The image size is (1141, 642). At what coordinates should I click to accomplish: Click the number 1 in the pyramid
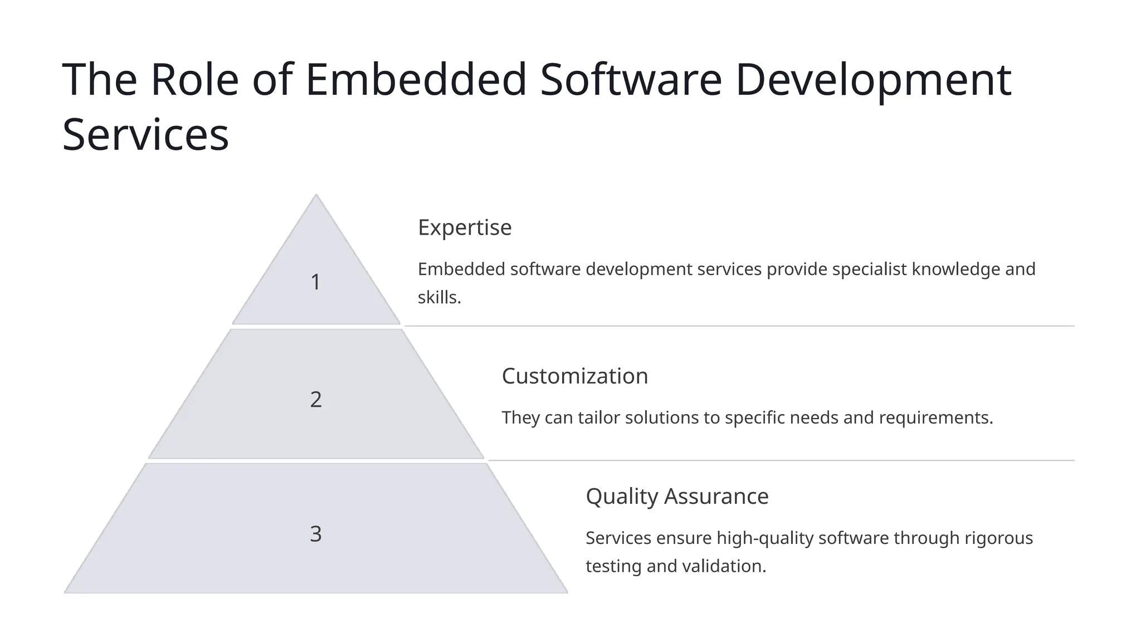(x=315, y=282)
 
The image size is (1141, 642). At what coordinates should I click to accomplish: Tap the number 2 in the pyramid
(x=315, y=400)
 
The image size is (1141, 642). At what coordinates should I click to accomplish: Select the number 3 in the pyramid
(x=315, y=534)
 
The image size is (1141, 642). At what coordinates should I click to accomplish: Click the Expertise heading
(x=465, y=227)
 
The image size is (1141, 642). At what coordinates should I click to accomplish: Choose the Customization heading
(x=575, y=376)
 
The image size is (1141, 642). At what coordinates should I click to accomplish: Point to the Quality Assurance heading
(x=677, y=496)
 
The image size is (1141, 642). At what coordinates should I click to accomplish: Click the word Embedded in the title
(x=416, y=79)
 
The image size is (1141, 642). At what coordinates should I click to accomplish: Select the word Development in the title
(x=872, y=79)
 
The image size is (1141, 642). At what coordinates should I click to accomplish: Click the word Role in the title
(x=194, y=79)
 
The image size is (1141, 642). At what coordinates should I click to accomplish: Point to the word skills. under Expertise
(x=440, y=298)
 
